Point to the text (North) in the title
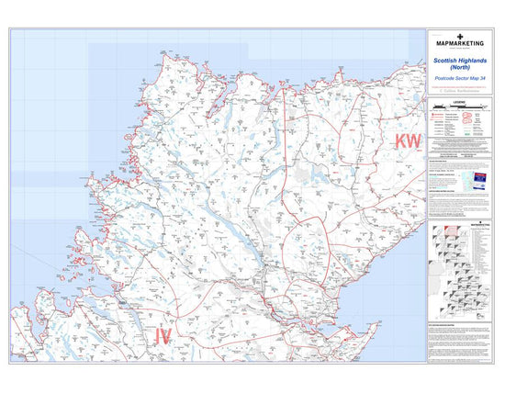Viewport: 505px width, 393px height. point(462,70)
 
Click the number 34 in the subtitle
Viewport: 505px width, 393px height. point(487,81)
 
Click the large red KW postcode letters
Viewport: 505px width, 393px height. point(406,140)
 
